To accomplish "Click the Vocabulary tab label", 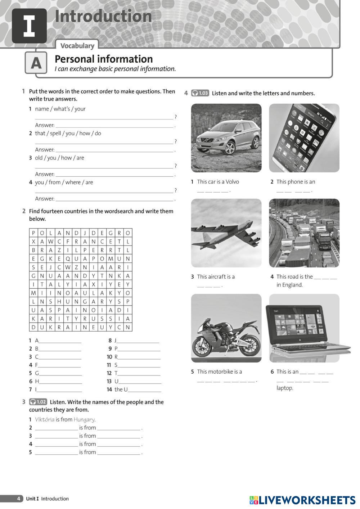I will (x=77, y=46).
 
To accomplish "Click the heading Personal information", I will (x=104, y=59).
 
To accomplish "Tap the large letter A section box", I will (x=36, y=63).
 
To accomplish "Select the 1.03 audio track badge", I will (x=200, y=93).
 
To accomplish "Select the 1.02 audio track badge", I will (x=38, y=402).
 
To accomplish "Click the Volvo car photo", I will (x=226, y=138).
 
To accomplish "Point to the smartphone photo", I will (x=304, y=138).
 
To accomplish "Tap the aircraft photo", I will (x=226, y=233).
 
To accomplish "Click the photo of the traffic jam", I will (x=304, y=233).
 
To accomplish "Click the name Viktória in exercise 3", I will (x=45, y=419).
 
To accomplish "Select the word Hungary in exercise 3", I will (x=84, y=419).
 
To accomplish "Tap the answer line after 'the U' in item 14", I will (x=144, y=390).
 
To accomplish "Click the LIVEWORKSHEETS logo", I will (x=302, y=500).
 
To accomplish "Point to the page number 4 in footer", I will (x=19, y=499).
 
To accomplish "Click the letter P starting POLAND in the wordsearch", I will (x=33, y=233).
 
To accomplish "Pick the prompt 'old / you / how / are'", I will (x=59, y=158).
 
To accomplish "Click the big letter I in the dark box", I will (x=29, y=26).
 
